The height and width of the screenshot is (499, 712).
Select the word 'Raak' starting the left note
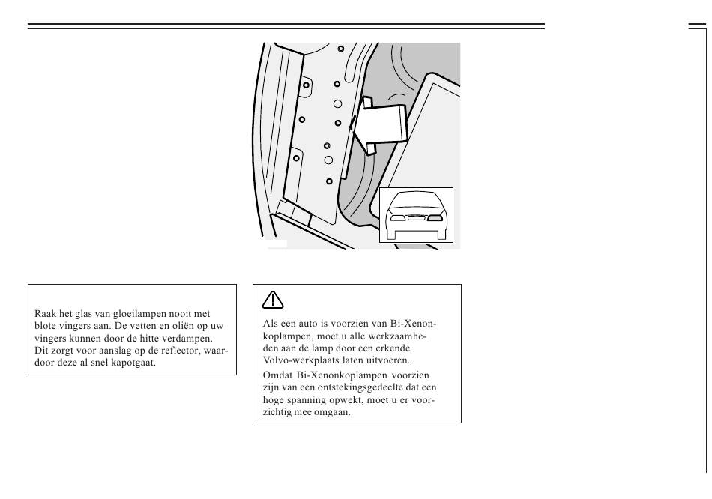tap(46, 314)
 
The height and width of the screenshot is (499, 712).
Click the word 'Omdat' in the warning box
tap(277, 375)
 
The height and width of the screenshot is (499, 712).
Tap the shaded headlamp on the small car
tap(435, 219)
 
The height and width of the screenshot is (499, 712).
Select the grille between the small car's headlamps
tap(416, 219)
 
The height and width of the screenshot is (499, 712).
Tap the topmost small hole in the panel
tap(341, 49)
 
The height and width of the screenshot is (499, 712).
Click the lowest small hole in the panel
tap(328, 181)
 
